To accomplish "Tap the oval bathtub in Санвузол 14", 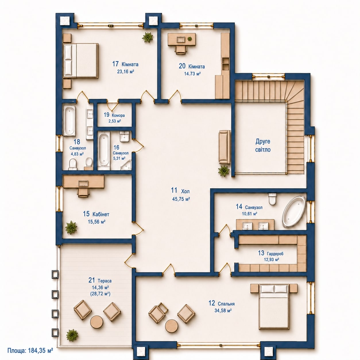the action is coord(294,212).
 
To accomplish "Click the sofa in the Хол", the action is coord(224,147).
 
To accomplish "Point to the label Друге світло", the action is coord(263,145).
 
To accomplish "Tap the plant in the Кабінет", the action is coord(71,227).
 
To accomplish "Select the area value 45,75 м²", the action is coord(181,199).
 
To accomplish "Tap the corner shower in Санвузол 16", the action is coord(126,164).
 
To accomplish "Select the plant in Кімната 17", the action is coord(148,37).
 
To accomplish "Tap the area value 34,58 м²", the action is coord(223,311).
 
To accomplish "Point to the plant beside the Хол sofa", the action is coord(224,170).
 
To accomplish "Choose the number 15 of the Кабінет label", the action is coord(86,214).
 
